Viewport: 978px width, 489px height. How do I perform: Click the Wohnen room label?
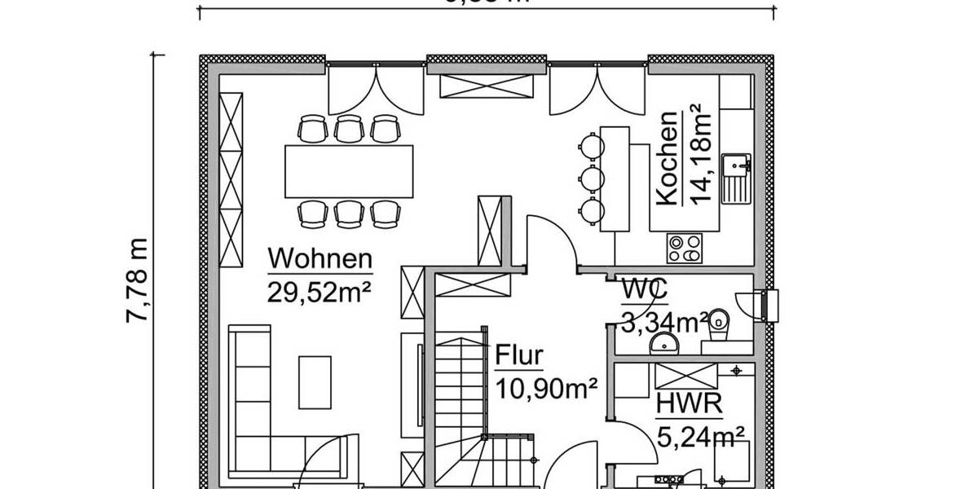pos(319,259)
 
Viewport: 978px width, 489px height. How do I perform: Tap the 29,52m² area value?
pos(319,291)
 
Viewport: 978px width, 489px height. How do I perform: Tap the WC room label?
pos(645,289)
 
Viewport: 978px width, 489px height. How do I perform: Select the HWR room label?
pos(682,404)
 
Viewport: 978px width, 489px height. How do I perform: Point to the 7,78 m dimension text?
pos(138,280)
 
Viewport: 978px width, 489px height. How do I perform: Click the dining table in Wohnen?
pos(349,170)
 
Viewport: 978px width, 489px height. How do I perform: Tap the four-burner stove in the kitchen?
pos(685,248)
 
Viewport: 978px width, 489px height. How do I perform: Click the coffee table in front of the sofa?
pos(315,381)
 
